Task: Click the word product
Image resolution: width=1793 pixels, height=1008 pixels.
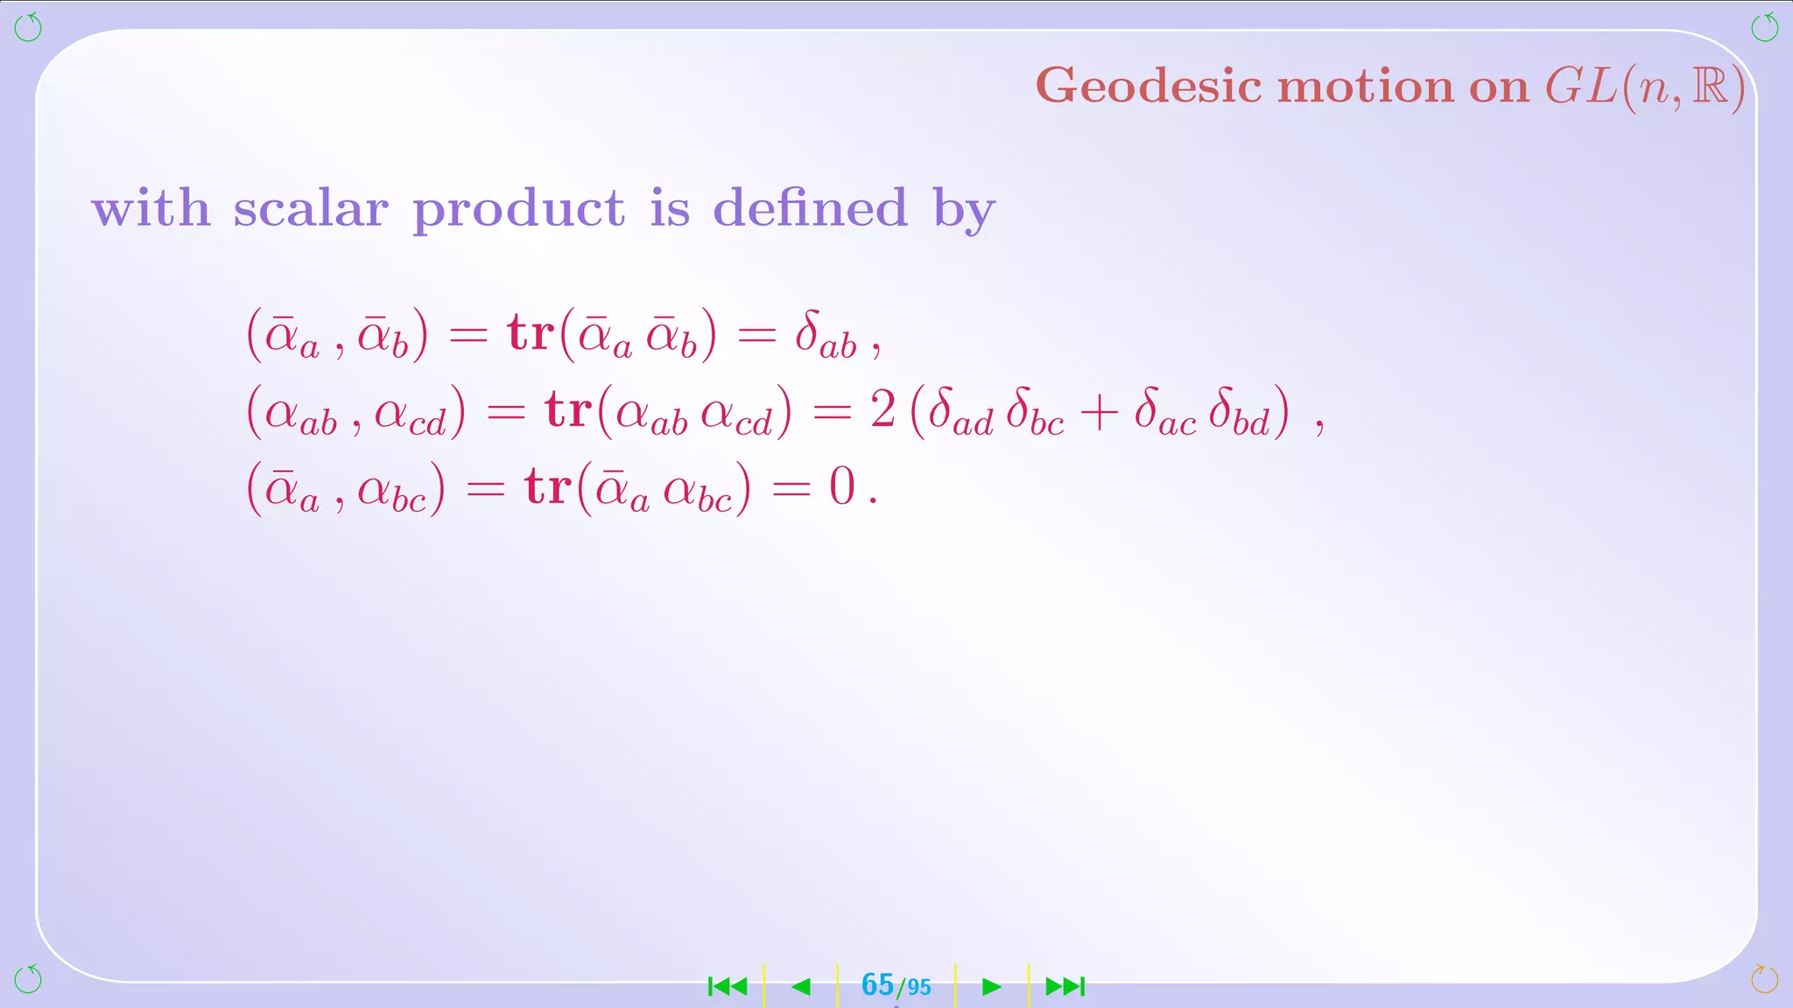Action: [x=518, y=210]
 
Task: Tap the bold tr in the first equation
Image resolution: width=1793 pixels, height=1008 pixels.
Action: [x=531, y=334]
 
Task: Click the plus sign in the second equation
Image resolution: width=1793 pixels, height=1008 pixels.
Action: [x=1099, y=411]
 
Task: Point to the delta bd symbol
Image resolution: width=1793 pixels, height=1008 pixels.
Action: [x=1238, y=411]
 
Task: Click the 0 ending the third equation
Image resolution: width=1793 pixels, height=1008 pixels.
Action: [x=841, y=486]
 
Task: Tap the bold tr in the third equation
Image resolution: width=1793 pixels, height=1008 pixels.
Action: [x=548, y=486]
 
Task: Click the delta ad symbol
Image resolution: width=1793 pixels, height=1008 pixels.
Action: [x=960, y=411]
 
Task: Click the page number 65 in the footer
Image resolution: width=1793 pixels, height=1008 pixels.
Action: [x=877, y=985]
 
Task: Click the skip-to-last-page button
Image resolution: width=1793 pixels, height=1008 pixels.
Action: [x=1065, y=987]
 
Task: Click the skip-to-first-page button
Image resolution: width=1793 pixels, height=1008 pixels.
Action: [x=728, y=987]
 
